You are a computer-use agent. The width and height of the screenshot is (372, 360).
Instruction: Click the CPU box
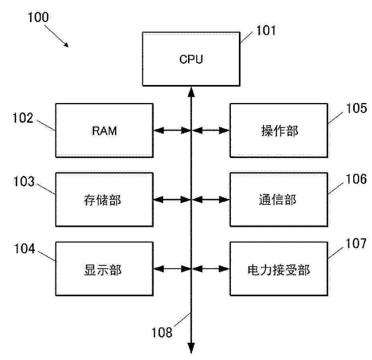pyautogui.click(x=191, y=59)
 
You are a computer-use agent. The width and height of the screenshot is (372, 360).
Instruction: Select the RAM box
pyautogui.click(x=104, y=130)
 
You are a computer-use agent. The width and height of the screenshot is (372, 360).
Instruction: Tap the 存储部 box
pyautogui.click(x=104, y=199)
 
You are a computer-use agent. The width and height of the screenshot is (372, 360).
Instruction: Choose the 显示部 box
pyautogui.click(x=104, y=269)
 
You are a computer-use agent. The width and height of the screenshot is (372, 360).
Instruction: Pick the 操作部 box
pyautogui.click(x=279, y=130)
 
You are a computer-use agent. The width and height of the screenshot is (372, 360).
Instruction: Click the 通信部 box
pyautogui.click(x=279, y=199)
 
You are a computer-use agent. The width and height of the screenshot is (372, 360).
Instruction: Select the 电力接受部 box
pyautogui.click(x=279, y=269)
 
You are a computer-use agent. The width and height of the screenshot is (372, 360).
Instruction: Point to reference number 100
pyautogui.click(x=38, y=17)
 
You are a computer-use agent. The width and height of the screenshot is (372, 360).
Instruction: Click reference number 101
pyautogui.click(x=266, y=30)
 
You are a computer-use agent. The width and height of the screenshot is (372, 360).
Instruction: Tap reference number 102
pyautogui.click(x=22, y=119)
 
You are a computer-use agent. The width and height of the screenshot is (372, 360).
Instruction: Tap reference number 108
pyautogui.click(x=162, y=332)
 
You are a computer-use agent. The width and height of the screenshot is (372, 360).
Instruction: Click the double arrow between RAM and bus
pyautogui.click(x=172, y=130)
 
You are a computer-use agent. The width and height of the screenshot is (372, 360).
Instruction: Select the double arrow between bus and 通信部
pyautogui.click(x=210, y=199)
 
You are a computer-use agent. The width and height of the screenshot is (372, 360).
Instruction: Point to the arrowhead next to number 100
pyautogui.click(x=66, y=44)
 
